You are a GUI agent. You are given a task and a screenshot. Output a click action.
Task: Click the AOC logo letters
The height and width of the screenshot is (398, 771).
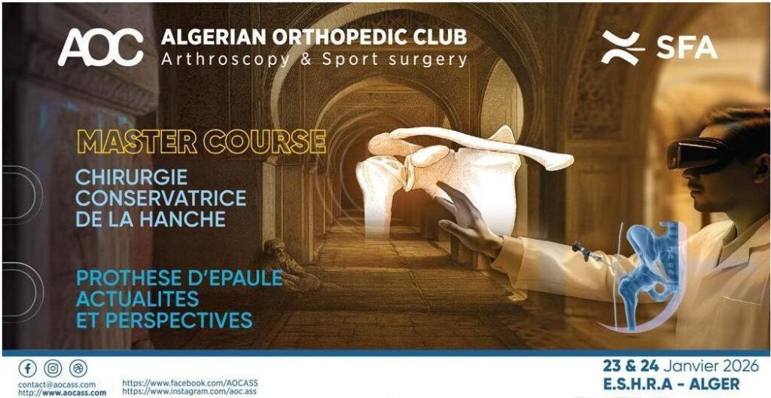[100, 47]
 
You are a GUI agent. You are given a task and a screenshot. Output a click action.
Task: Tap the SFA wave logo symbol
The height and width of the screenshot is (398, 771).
[623, 47]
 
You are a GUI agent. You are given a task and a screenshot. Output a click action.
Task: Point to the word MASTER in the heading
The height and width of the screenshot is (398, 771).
[137, 142]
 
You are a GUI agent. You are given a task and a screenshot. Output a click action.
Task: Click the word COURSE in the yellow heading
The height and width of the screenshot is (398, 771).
[264, 142]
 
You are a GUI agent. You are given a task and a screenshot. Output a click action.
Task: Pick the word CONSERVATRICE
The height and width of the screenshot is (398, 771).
[161, 198]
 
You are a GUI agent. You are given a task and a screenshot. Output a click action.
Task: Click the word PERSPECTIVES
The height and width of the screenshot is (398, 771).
[179, 320]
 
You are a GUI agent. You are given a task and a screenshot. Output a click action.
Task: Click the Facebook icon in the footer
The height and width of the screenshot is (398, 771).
[28, 368]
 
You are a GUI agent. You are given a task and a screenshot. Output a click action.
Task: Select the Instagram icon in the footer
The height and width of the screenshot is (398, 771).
[53, 368]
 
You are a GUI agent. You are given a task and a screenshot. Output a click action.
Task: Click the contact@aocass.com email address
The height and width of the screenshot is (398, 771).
[57, 384]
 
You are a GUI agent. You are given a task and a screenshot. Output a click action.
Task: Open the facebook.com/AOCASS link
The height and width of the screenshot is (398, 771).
[190, 383]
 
